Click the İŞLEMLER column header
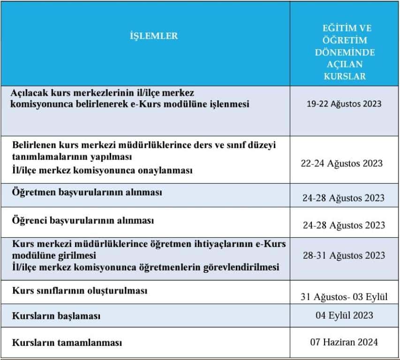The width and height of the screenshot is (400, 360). pyautogui.click(x=153, y=36)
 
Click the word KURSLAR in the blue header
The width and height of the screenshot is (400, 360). pyautogui.click(x=344, y=76)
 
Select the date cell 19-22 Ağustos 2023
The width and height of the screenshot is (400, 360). pyautogui.click(x=344, y=104)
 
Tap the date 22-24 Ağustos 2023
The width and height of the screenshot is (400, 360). pyautogui.click(x=341, y=164)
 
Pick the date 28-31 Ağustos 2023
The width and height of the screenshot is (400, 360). pyautogui.click(x=344, y=255)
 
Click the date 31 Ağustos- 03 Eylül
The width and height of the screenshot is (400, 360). pyautogui.click(x=344, y=296)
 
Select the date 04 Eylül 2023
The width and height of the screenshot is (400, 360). pyautogui.click(x=344, y=315)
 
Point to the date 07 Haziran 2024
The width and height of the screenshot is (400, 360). pyautogui.click(x=344, y=342)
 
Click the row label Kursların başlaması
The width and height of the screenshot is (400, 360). pyautogui.click(x=56, y=316)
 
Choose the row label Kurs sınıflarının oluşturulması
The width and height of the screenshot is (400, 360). pyautogui.click(x=80, y=291)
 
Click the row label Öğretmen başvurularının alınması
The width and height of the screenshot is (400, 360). pyautogui.click(x=88, y=193)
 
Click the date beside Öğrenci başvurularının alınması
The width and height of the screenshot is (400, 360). pyautogui.click(x=344, y=225)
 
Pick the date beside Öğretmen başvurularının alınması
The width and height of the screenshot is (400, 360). pyautogui.click(x=344, y=198)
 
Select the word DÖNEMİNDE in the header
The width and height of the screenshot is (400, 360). pyautogui.click(x=344, y=52)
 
